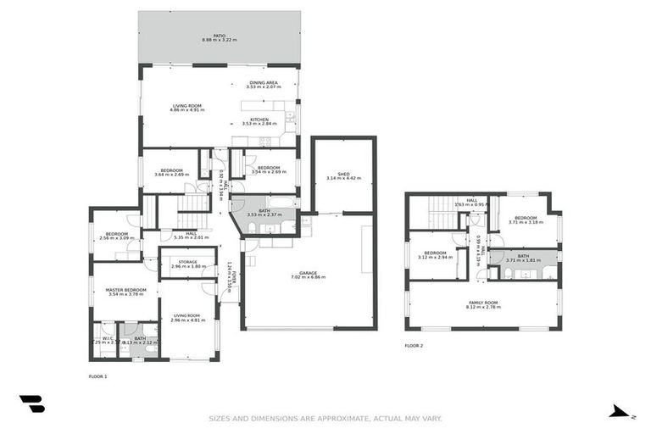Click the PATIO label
220,36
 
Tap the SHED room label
343,174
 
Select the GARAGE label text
308,272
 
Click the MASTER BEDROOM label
126,290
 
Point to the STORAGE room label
187,262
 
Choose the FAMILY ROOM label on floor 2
483,302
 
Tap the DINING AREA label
264,82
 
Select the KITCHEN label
259,120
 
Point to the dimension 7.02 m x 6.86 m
308,277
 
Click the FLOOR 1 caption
98,376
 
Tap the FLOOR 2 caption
414,346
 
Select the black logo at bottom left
31,403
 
